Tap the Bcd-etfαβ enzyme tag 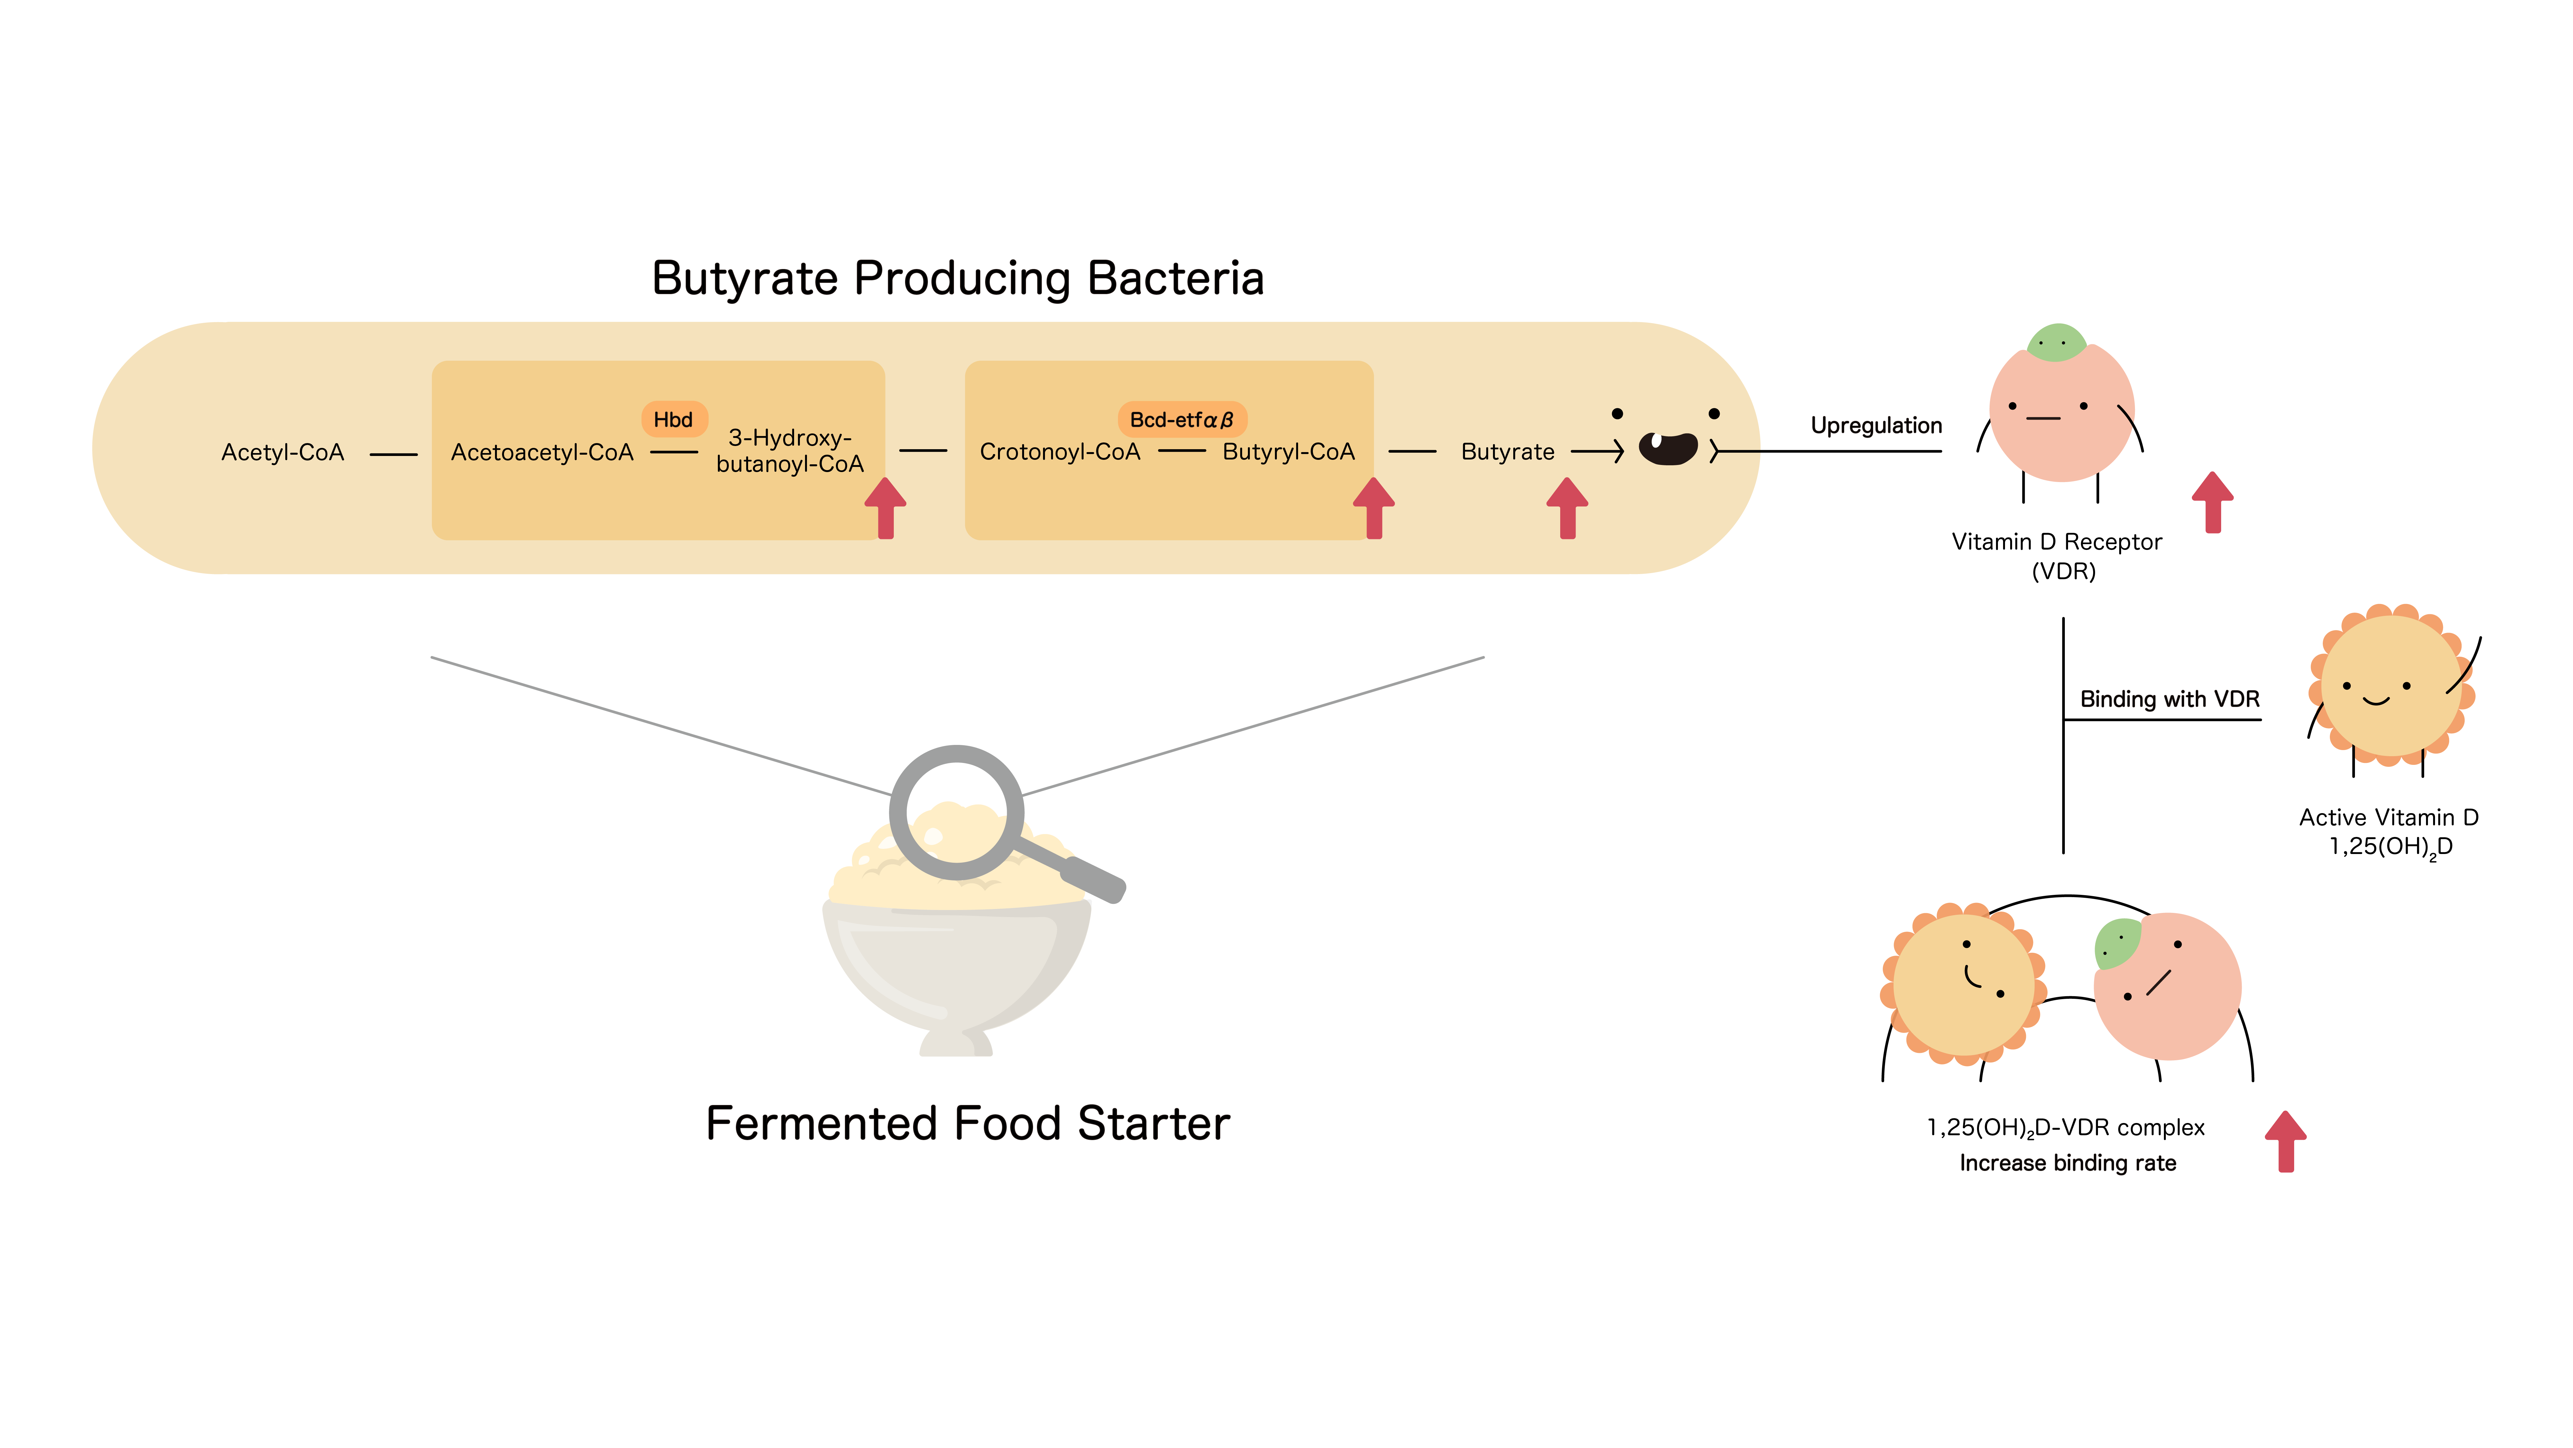tap(1182, 420)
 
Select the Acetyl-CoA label tap(283, 453)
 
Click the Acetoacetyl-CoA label tap(542, 453)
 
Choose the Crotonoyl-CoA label tap(1060, 452)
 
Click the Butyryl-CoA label tap(1288, 452)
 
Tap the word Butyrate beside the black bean tap(1507, 452)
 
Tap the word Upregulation tap(1876, 426)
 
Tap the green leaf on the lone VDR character tap(2056, 343)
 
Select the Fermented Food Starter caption tap(967, 1123)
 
